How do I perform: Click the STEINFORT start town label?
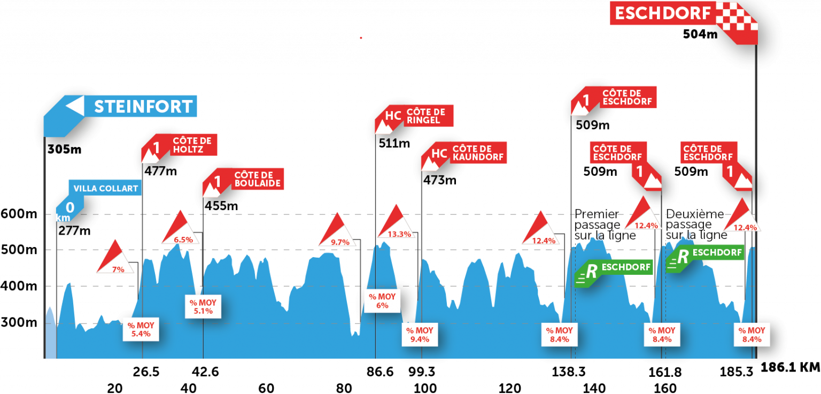[143, 106]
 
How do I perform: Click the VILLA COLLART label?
[105, 188]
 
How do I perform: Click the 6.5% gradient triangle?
[181, 230]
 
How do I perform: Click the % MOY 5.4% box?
[141, 329]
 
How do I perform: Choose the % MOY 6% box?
[382, 301]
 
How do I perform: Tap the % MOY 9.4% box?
[420, 335]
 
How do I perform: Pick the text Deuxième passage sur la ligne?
[695, 225]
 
